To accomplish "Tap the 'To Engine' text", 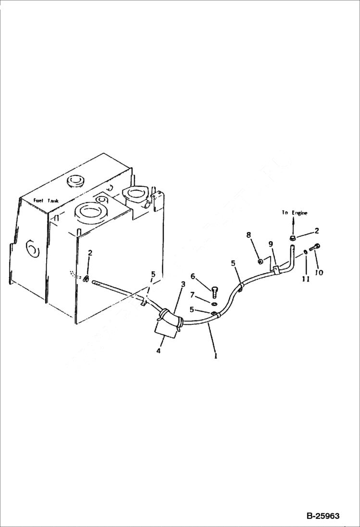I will pyautogui.click(x=295, y=213).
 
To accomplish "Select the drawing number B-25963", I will pyautogui.click(x=323, y=516).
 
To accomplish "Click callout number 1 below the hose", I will pyautogui.click(x=216, y=356).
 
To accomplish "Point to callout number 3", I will pyautogui.click(x=183, y=285).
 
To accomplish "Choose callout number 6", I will pyautogui.click(x=193, y=276).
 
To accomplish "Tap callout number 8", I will pyautogui.click(x=248, y=235).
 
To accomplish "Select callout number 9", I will pyautogui.click(x=271, y=244).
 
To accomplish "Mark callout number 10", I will pyautogui.click(x=319, y=272).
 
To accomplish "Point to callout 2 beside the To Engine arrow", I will pyautogui.click(x=317, y=231).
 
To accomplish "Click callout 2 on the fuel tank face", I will pyautogui.click(x=90, y=253).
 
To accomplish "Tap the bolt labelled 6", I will pyautogui.click(x=215, y=290).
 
